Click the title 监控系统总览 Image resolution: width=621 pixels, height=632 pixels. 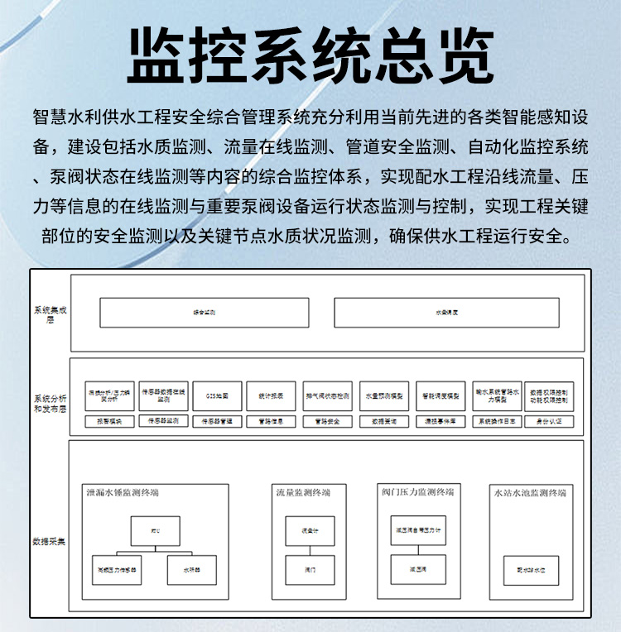(x=310, y=55)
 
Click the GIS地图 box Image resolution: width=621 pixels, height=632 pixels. (x=218, y=396)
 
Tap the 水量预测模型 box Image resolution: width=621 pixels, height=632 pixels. (x=383, y=396)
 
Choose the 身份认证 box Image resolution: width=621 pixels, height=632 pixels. (x=549, y=421)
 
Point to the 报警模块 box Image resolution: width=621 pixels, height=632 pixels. (x=108, y=421)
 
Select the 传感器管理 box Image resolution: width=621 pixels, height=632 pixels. (x=218, y=421)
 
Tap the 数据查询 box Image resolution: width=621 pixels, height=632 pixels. (x=383, y=421)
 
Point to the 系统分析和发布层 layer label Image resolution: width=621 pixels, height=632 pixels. (x=49, y=401)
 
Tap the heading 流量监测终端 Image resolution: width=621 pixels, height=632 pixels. (x=303, y=493)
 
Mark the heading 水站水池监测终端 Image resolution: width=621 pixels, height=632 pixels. (x=530, y=493)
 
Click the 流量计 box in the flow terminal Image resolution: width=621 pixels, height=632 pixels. (x=310, y=530)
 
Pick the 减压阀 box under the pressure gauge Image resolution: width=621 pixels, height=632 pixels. (x=417, y=569)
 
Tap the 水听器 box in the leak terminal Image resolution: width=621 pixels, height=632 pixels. (x=191, y=570)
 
